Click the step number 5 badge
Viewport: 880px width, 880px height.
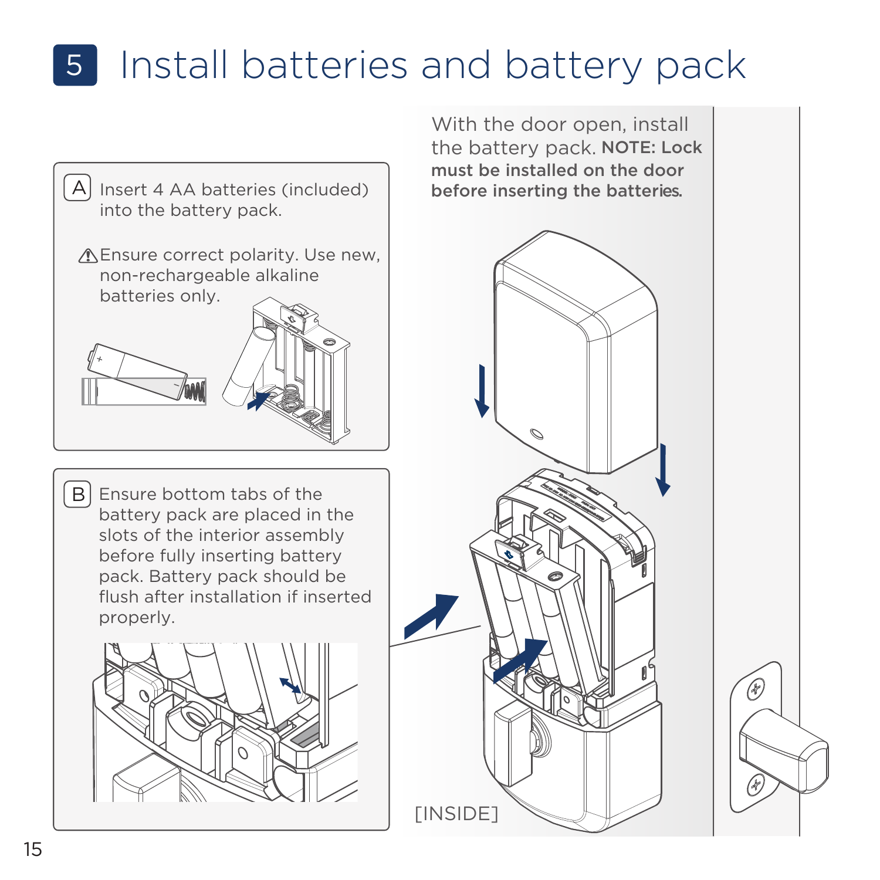pos(75,65)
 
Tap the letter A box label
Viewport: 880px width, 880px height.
pos(77,188)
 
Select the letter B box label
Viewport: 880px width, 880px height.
pos(77,494)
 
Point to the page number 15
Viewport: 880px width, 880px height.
pos(33,849)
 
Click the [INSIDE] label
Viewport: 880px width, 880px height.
pos(456,814)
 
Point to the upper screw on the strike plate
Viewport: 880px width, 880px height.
pos(756,688)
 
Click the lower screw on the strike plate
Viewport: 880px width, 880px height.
pos(755,784)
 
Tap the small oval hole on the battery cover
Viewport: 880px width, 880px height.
pos(536,434)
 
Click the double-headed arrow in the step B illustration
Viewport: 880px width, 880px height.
pos(290,686)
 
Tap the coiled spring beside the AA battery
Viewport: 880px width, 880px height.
pos(196,391)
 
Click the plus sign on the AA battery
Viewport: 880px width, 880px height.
pos(100,358)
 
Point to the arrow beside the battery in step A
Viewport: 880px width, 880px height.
pos(259,401)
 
